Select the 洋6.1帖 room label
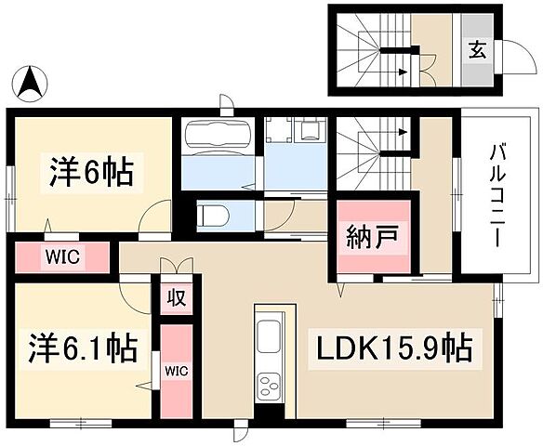coord(82,350)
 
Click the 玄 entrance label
coord(475,50)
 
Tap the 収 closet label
coord(175,299)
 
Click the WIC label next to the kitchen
coord(175,370)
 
